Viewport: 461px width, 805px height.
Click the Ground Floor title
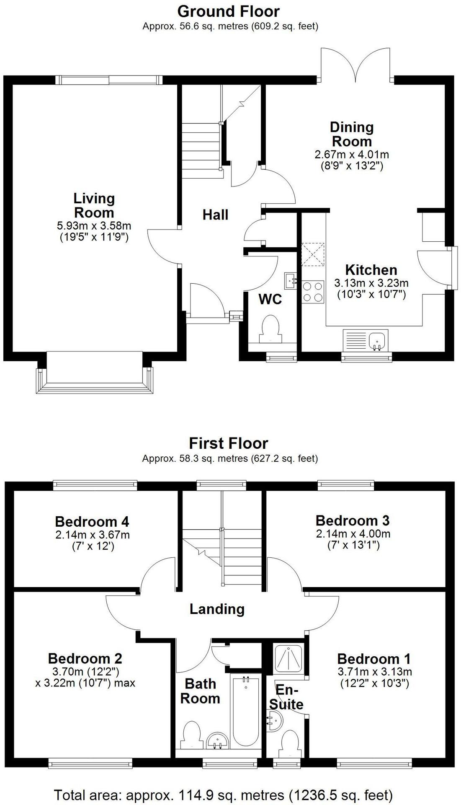pos(228,11)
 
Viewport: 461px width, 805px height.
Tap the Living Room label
pos(94,205)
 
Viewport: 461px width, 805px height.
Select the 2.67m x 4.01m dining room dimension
pos(351,155)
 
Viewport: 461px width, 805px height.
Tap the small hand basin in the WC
pos(291,280)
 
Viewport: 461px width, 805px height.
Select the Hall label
pos(215,215)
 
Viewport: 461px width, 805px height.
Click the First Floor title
pos(228,443)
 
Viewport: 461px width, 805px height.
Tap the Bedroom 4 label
pos(92,522)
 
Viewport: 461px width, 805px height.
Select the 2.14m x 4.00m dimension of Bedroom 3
pos(353,534)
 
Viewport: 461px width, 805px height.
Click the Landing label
pos(217,609)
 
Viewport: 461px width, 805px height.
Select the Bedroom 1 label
pos(374,658)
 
